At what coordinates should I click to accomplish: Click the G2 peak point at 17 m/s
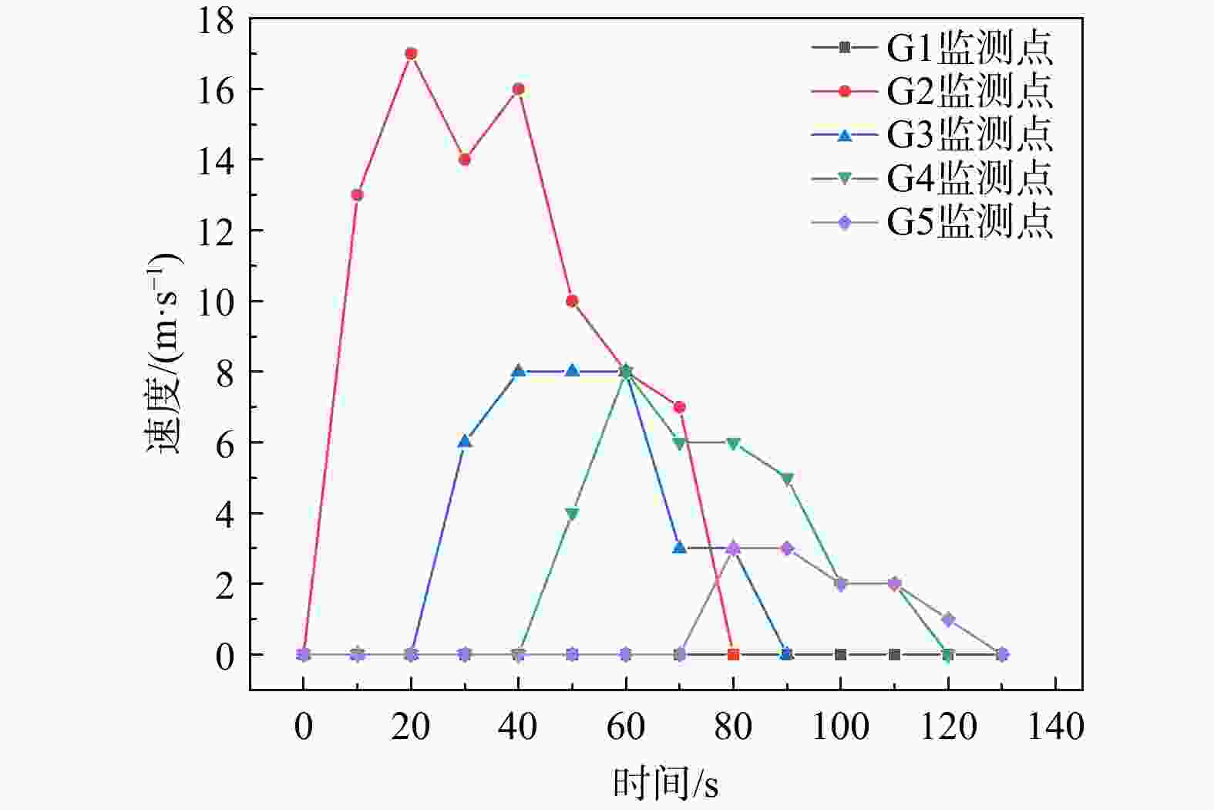[x=411, y=53]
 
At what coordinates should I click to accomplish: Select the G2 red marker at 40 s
[x=518, y=89]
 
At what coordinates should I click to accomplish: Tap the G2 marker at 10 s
[x=357, y=194]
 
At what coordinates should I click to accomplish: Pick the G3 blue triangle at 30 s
[x=464, y=441]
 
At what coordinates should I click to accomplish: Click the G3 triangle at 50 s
[x=572, y=370]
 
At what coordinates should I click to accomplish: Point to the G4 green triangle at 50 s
[x=572, y=514]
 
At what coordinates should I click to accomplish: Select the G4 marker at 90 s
[x=787, y=479]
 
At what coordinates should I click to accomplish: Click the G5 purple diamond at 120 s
[x=948, y=619]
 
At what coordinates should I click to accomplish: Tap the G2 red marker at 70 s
[x=679, y=407]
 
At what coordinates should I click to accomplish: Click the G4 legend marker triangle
[x=845, y=179]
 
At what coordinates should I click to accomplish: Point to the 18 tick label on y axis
[x=215, y=20]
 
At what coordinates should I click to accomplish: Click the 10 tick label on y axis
[x=215, y=302]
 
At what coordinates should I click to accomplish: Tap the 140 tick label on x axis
[x=1055, y=727]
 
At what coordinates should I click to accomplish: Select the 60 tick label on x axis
[x=625, y=727]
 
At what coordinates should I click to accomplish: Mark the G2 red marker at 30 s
[x=464, y=159]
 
